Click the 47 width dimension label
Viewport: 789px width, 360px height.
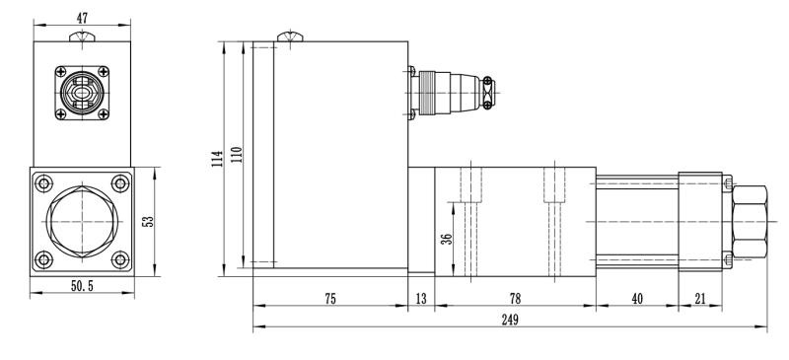pos(82,19)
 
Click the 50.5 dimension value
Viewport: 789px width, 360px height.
pos(82,286)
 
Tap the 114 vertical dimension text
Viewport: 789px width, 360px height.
pos(217,159)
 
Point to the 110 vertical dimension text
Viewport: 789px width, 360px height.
pos(237,154)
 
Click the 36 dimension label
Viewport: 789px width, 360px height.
pos(447,239)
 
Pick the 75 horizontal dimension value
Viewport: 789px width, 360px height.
pos(329,299)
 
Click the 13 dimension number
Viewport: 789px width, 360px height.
pos(421,299)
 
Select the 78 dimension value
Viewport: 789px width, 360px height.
pos(515,299)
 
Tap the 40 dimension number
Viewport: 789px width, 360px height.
pos(637,299)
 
